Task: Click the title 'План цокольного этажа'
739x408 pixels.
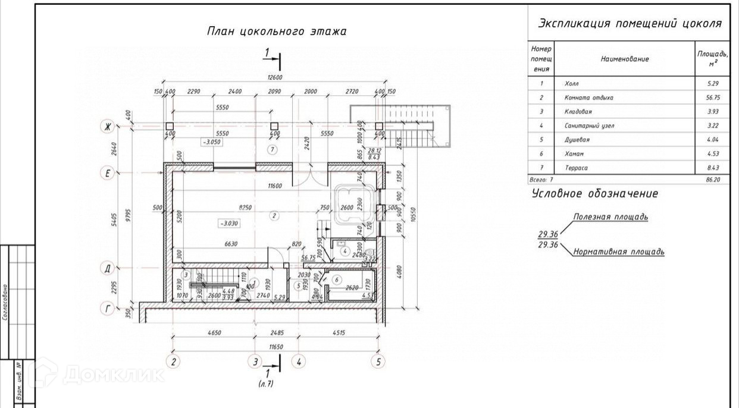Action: tap(276, 32)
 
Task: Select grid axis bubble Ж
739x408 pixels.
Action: tap(108, 126)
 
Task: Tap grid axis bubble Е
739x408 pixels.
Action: tap(108, 174)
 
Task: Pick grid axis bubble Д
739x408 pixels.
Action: tap(108, 269)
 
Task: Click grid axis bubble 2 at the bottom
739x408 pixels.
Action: tap(173, 361)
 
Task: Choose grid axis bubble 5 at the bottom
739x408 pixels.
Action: tap(377, 361)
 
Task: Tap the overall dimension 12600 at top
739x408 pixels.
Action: tap(274, 77)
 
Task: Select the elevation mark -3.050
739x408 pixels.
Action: tap(211, 143)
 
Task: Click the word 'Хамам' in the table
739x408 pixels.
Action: tap(574, 154)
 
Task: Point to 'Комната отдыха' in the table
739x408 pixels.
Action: tap(588, 98)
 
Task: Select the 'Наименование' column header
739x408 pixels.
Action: tap(624, 59)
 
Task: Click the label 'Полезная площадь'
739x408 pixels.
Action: tap(610, 217)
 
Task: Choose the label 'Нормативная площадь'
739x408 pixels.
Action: tap(619, 252)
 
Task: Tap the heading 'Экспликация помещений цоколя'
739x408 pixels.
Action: tap(630, 24)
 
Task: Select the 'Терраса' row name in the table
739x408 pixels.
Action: tap(575, 168)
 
